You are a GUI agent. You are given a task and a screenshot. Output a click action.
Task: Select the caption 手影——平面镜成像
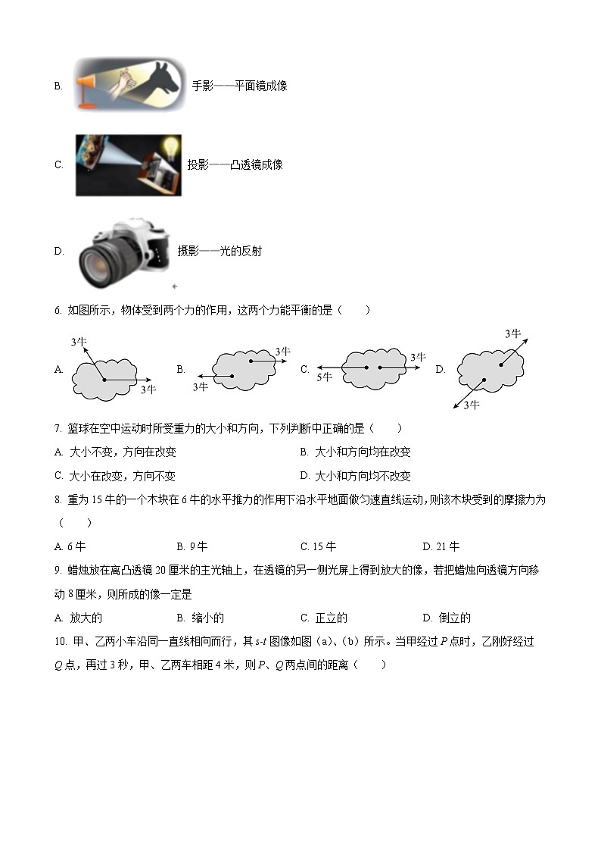239,86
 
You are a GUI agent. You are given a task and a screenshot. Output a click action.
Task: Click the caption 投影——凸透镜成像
235,164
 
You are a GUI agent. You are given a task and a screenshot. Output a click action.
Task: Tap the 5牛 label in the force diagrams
324,377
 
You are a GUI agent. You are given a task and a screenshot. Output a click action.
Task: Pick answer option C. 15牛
318,546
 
